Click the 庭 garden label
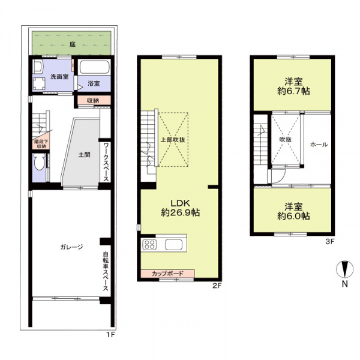(73, 44)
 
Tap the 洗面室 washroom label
(59, 77)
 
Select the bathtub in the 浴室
(94, 67)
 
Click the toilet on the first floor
(38, 161)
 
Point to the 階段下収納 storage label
(41, 144)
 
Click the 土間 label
(84, 155)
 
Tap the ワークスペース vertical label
(106, 162)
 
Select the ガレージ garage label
(71, 247)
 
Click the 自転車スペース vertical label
(106, 271)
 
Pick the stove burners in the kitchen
(149, 244)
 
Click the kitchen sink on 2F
(173, 245)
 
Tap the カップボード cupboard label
(167, 274)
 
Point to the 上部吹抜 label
(173, 140)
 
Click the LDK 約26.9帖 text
(180, 208)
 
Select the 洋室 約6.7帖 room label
(293, 86)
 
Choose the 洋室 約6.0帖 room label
(293, 211)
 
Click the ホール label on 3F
(319, 145)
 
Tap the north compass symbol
(344, 269)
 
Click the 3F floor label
(330, 242)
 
